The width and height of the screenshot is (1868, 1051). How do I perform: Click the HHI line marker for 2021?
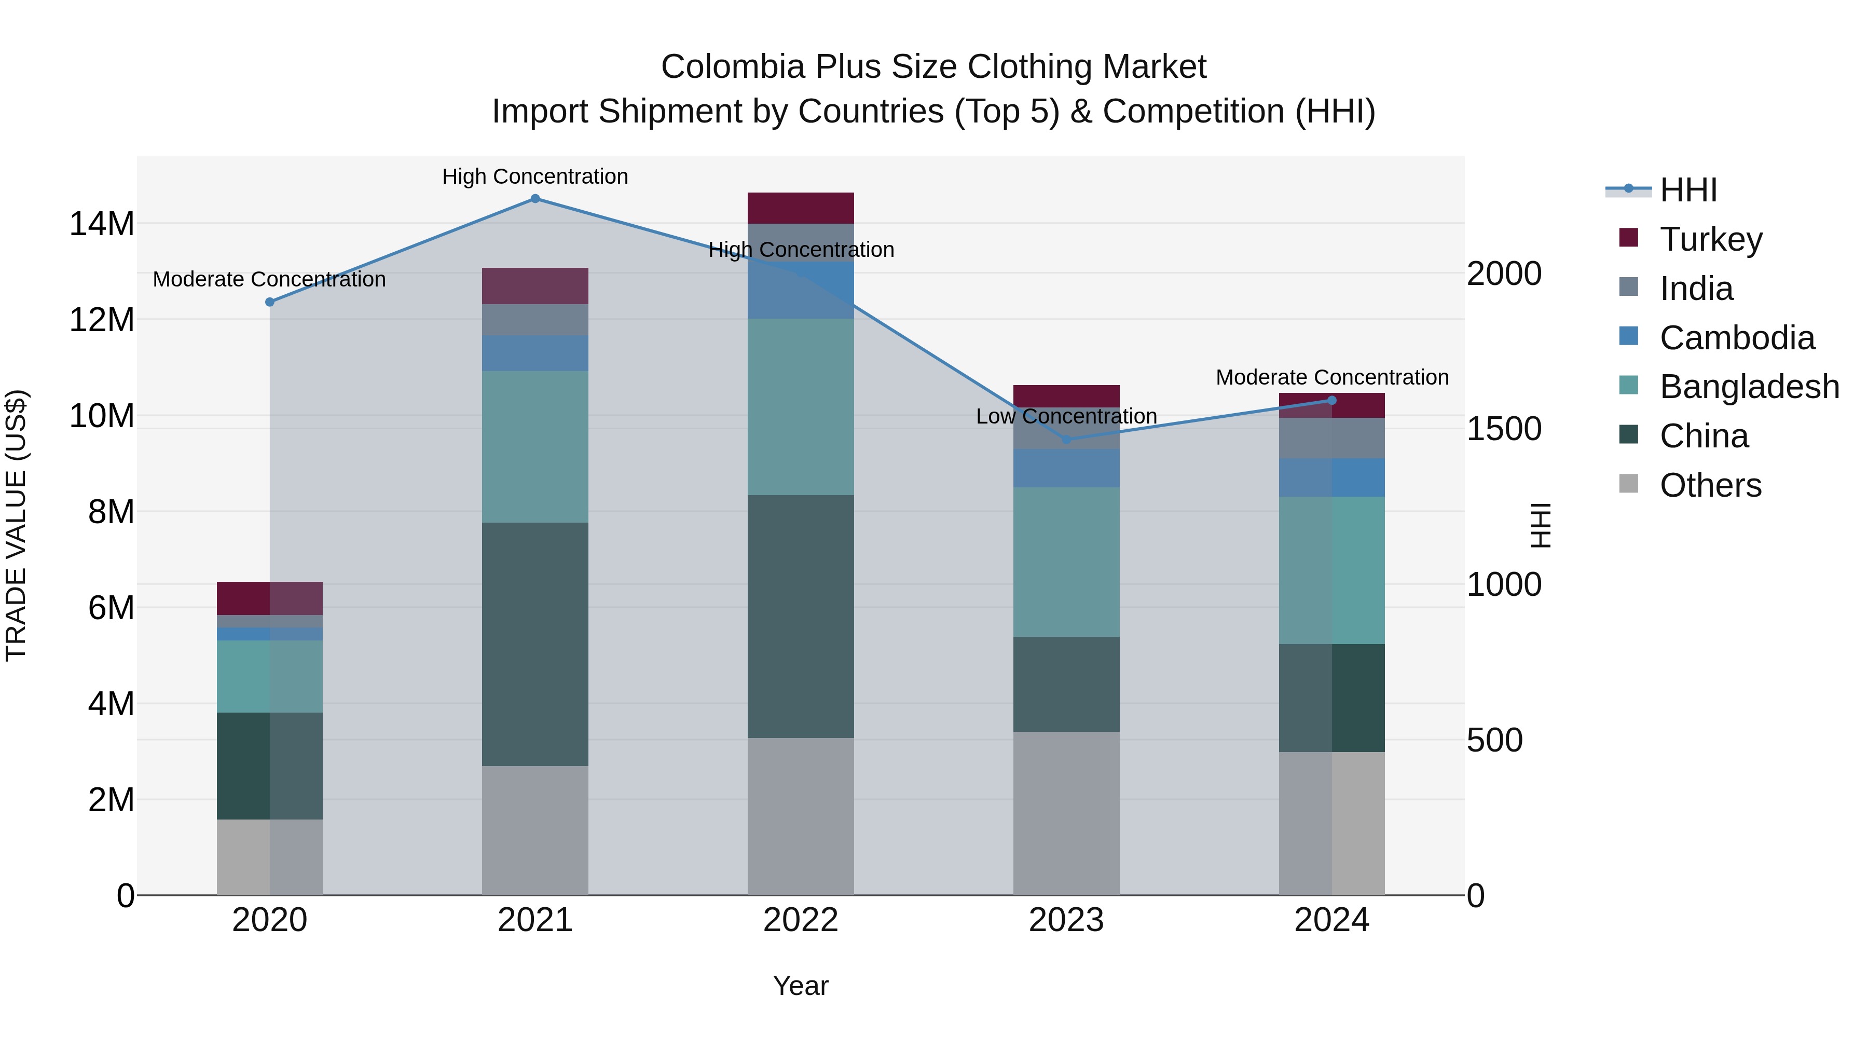pos(535,198)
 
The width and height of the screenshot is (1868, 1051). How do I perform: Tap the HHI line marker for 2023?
pos(1066,440)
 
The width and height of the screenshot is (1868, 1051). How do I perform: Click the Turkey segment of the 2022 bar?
pos(801,208)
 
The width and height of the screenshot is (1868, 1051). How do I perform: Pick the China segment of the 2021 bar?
pos(535,644)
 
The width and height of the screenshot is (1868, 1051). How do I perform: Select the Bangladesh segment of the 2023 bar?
pos(1066,562)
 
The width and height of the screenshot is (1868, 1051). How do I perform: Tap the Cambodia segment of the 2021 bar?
pos(535,353)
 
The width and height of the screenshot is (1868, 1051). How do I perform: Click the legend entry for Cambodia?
pos(1736,338)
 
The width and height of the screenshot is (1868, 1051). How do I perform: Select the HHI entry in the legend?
pos(1687,190)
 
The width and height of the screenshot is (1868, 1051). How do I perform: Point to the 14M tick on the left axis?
pos(102,223)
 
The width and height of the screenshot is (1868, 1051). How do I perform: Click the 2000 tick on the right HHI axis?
pos(1504,274)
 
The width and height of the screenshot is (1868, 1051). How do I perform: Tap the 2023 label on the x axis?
pos(1066,920)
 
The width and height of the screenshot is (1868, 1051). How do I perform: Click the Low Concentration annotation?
pos(1066,416)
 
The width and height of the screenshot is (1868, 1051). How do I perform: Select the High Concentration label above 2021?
pos(535,176)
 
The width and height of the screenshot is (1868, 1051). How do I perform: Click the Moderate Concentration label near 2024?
pos(1332,377)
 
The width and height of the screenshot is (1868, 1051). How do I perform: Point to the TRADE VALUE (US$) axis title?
pos(16,525)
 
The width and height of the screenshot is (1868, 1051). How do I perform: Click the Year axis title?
pos(801,986)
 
